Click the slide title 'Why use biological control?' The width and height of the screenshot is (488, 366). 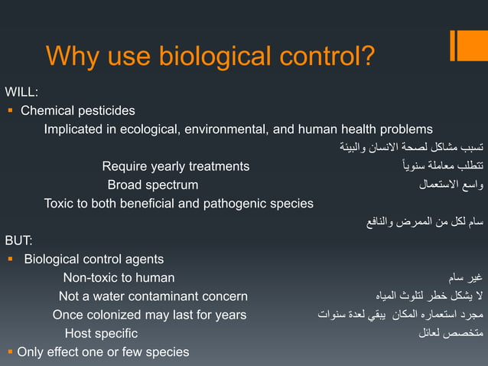(x=210, y=56)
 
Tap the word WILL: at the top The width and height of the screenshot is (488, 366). (x=21, y=93)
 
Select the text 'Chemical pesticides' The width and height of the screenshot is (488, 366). (x=77, y=111)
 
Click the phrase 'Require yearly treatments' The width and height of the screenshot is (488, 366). (x=175, y=166)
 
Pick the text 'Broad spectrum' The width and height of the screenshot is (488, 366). (x=152, y=185)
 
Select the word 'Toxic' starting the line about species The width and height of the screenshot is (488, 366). (x=59, y=203)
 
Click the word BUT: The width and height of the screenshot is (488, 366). (x=19, y=240)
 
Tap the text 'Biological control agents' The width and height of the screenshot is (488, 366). (x=93, y=259)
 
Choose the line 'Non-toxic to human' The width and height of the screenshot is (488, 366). (x=119, y=277)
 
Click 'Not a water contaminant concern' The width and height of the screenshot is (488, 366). (x=153, y=296)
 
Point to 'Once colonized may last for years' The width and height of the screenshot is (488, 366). (x=149, y=315)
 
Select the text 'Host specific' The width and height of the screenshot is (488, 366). (x=101, y=333)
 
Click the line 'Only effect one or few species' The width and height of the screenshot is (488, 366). (x=102, y=351)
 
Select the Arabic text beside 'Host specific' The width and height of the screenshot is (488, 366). (x=451, y=333)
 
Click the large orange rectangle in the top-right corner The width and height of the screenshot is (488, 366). (x=469, y=44)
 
